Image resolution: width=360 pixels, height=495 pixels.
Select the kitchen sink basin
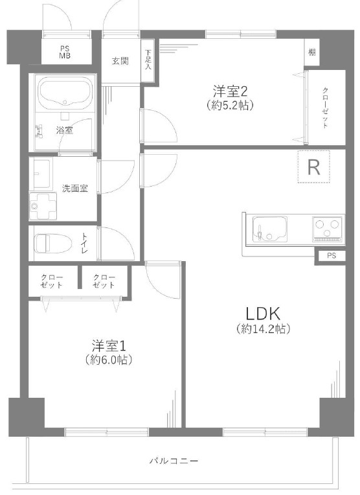(x=270, y=229)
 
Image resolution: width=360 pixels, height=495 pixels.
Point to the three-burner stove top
(x=327, y=229)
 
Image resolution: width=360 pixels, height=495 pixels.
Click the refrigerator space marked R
(x=313, y=167)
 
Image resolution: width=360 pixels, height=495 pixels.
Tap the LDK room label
(x=263, y=314)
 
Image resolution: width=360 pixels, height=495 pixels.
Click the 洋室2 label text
(x=230, y=91)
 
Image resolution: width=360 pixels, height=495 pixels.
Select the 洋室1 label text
(x=109, y=346)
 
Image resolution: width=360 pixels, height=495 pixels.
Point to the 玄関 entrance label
(x=120, y=61)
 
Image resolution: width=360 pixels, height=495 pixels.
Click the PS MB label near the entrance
(x=65, y=52)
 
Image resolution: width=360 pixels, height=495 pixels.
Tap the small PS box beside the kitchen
(x=332, y=256)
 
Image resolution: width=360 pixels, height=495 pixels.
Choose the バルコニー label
(x=174, y=461)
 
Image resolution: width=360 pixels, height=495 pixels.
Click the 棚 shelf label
(x=311, y=52)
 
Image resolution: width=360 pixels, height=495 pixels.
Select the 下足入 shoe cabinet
(x=148, y=60)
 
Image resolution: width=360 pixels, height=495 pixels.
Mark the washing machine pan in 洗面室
(x=43, y=206)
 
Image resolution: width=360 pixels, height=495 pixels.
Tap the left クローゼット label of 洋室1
(x=52, y=281)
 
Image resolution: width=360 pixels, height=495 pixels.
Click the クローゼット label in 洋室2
(x=325, y=108)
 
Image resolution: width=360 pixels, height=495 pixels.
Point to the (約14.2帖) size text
(x=263, y=329)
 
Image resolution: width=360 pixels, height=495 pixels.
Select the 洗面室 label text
(x=74, y=189)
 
